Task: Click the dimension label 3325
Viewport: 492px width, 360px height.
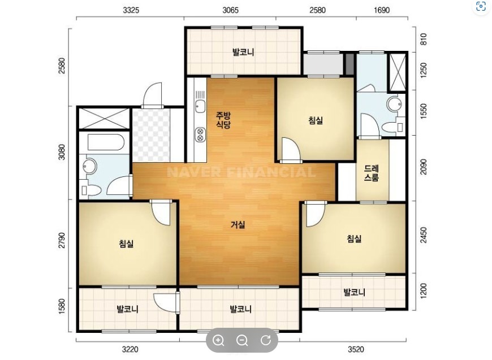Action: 131,10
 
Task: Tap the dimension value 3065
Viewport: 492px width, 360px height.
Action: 230,10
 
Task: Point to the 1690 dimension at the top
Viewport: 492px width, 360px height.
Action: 382,10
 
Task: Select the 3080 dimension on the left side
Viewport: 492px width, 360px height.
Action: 62,152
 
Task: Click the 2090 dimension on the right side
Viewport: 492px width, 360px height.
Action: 424,167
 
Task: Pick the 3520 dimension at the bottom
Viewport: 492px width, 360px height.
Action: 356,349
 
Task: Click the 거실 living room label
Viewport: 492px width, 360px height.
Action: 238,224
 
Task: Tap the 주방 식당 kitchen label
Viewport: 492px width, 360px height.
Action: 223,120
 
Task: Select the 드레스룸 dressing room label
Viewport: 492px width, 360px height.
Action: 372,173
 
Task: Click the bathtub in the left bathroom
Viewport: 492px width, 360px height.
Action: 106,142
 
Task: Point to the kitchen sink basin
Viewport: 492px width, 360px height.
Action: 200,106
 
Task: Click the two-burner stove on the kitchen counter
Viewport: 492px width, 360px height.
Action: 200,134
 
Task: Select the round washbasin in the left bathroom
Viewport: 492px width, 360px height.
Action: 90,166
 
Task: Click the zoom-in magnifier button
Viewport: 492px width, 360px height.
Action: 218,340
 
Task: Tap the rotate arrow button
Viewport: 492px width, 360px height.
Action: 266,340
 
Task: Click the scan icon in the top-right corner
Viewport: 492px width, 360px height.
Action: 481,6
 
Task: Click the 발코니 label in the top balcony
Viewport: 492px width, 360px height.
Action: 243,52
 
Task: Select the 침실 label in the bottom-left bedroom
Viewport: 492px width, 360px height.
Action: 127,244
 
